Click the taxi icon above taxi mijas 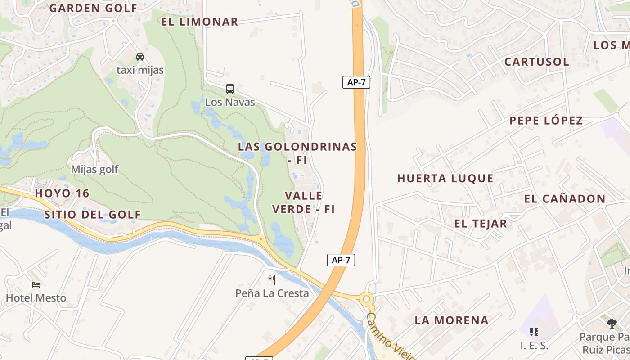point(140,57)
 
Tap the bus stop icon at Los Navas point(229,89)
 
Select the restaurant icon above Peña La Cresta point(272,280)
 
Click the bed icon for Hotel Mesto point(36,285)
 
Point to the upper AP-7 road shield point(356,82)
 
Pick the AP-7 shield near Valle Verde point(341,260)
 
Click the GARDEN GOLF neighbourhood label point(93,8)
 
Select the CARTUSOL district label point(536,62)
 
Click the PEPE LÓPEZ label point(546,121)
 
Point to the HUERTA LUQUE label point(445,179)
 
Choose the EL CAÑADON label point(565,199)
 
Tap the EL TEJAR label point(480,224)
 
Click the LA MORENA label point(451,320)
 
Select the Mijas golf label point(94,170)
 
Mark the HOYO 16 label point(62,193)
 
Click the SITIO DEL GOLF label point(93,215)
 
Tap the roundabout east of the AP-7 point(367,299)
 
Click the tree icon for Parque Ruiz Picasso point(612,323)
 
